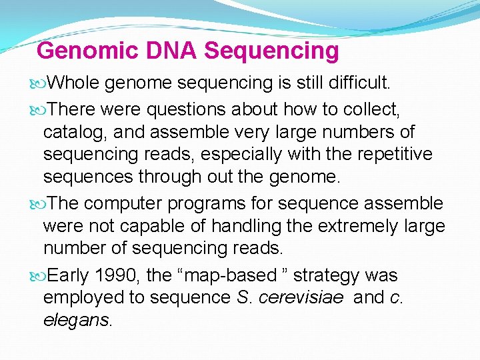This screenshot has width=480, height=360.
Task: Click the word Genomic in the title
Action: (x=79, y=51)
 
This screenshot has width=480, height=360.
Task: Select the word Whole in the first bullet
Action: (x=74, y=83)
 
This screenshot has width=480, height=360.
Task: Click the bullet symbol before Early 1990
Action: (x=42, y=275)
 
